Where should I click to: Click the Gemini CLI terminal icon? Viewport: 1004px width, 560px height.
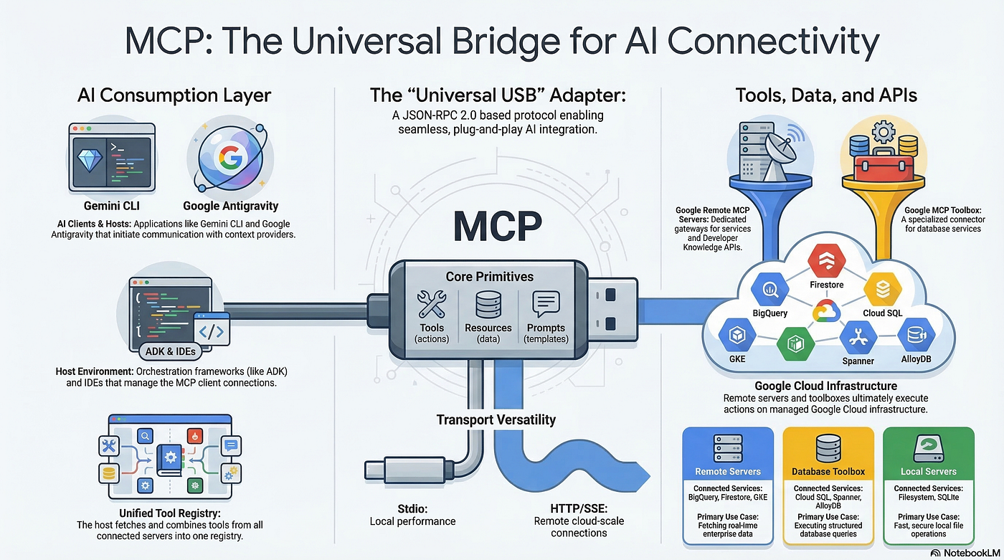click(112, 157)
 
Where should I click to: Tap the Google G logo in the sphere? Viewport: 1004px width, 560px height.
click(231, 157)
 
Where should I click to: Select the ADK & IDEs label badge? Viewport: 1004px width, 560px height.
click(171, 351)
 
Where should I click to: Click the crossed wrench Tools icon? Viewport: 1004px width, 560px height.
click(432, 304)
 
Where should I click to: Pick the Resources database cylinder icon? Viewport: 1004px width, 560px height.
click(488, 304)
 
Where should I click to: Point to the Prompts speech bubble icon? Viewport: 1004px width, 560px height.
click(546, 304)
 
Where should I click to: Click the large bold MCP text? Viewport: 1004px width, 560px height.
click(498, 227)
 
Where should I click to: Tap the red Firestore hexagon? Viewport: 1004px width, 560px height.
click(826, 261)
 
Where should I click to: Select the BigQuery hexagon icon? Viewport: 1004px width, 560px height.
click(770, 290)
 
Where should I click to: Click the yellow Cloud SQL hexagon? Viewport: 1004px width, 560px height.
click(883, 289)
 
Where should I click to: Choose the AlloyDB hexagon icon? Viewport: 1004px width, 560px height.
click(917, 335)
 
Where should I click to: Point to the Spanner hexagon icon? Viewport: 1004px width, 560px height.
click(858, 337)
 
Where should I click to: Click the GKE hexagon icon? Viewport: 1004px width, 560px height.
click(737, 335)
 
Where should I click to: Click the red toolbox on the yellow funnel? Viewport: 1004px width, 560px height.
click(884, 165)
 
